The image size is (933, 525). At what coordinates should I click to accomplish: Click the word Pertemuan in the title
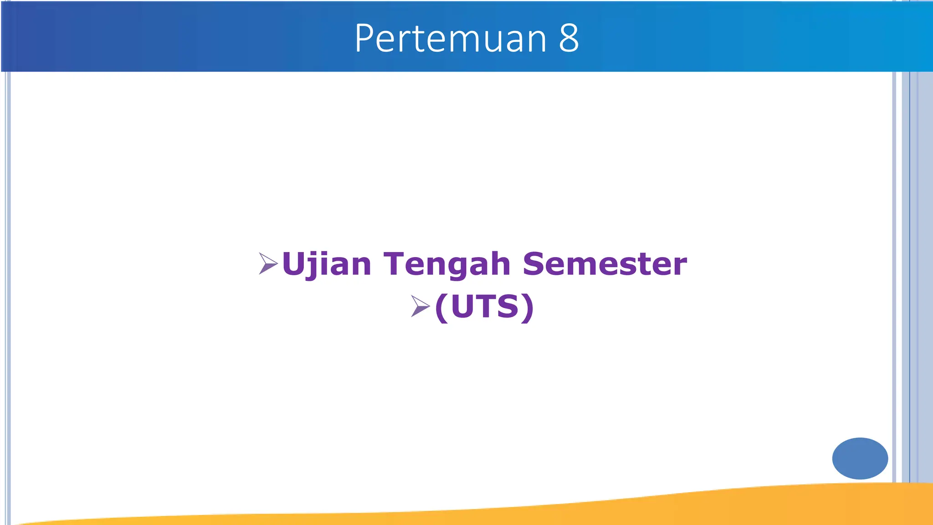click(x=450, y=38)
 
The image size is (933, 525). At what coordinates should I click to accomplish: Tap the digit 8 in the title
click(x=569, y=38)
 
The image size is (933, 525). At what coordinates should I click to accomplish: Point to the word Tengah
click(x=447, y=264)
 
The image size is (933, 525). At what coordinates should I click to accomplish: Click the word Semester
click(x=605, y=264)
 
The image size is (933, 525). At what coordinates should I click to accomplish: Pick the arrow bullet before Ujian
click(x=268, y=263)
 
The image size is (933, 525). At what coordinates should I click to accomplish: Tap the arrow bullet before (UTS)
click(x=420, y=306)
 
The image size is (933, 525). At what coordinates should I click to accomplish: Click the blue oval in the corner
click(x=860, y=458)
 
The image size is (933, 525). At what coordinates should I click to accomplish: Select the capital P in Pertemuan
click(x=365, y=38)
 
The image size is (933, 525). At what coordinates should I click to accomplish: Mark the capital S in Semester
click(x=534, y=264)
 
